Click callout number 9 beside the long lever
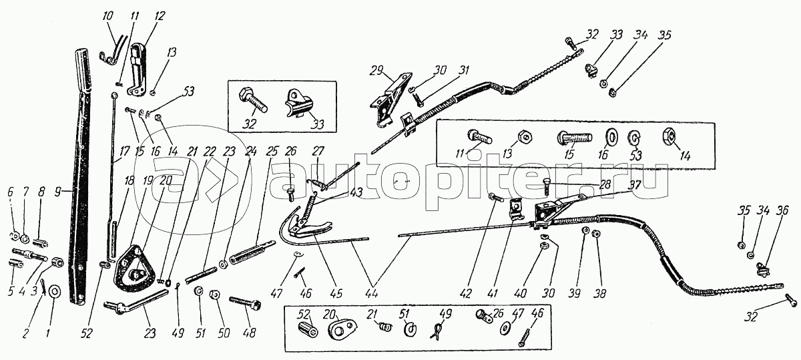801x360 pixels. (x=59, y=192)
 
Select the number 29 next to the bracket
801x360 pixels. (x=375, y=69)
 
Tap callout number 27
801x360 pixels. (x=318, y=151)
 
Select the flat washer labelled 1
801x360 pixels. (x=54, y=291)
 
